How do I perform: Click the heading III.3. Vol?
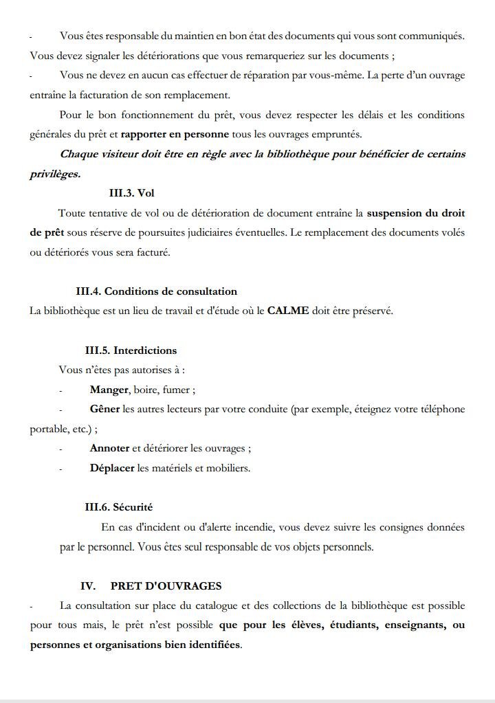click(x=136, y=193)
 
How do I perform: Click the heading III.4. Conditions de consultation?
click(x=156, y=291)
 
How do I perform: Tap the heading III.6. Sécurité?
click(x=118, y=507)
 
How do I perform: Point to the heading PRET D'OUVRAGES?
click(x=166, y=586)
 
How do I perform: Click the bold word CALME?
click(x=288, y=311)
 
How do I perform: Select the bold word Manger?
click(x=109, y=390)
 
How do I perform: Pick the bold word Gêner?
click(x=104, y=409)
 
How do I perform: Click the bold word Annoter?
click(x=109, y=448)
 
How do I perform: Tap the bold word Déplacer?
click(x=112, y=468)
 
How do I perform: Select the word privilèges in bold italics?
click(x=55, y=174)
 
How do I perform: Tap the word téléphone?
click(x=439, y=409)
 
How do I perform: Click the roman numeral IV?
click(x=87, y=586)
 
